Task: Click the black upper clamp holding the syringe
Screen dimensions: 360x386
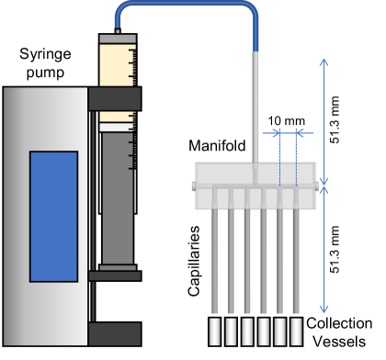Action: coord(115,96)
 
